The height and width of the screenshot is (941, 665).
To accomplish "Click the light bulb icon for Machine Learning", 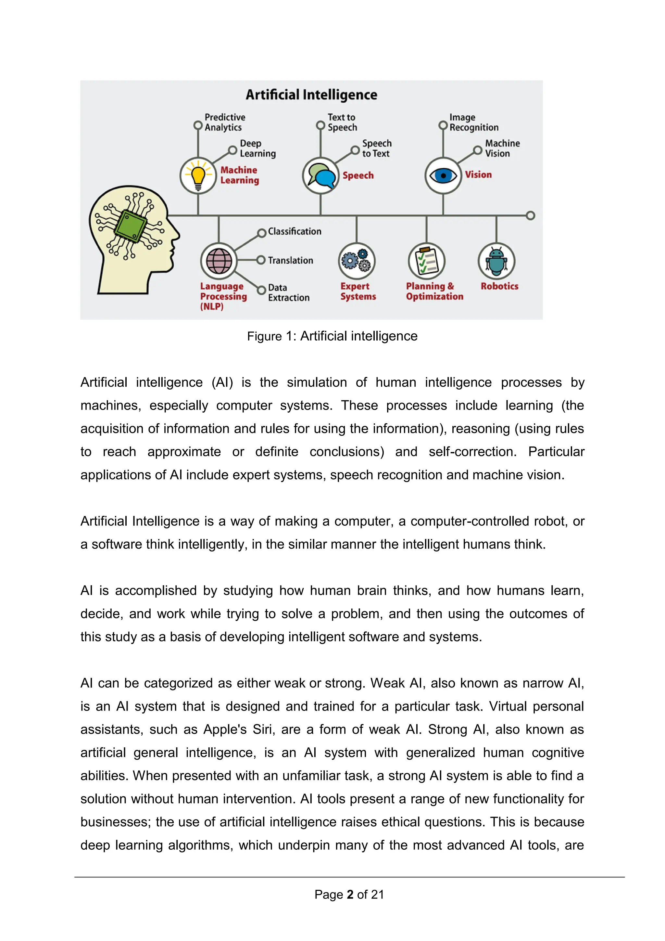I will pyautogui.click(x=198, y=176).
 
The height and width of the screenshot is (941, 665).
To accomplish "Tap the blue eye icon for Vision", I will pyautogui.click(x=443, y=176).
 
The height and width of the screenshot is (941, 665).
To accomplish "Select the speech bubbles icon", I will pyautogui.click(x=320, y=176).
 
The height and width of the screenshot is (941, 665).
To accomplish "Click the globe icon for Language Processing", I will pyautogui.click(x=219, y=261).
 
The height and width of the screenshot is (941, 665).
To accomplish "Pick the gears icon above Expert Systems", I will pyautogui.click(x=357, y=261).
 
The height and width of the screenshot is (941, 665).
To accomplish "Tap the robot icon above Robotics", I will pyautogui.click(x=496, y=261).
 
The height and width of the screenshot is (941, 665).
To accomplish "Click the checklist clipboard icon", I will pyautogui.click(x=426, y=261).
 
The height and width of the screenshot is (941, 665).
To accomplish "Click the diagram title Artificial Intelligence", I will pyautogui.click(x=311, y=95).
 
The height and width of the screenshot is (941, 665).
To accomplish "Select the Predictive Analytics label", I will pyautogui.click(x=225, y=122).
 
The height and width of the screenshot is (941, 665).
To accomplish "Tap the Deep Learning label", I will pyautogui.click(x=257, y=148).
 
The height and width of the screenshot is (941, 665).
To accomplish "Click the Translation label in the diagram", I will pyautogui.click(x=290, y=260).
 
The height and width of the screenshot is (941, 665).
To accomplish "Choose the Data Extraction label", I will pyautogui.click(x=288, y=293).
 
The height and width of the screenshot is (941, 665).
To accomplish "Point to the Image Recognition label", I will pyautogui.click(x=474, y=122).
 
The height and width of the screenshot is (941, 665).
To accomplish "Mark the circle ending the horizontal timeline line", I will pyautogui.click(x=530, y=215).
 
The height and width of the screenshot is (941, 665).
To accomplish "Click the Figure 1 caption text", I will pyautogui.click(x=332, y=336).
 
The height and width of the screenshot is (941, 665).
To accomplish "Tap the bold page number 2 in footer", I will pyautogui.click(x=350, y=894).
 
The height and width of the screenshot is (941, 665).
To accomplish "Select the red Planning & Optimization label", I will pyautogui.click(x=434, y=291).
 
